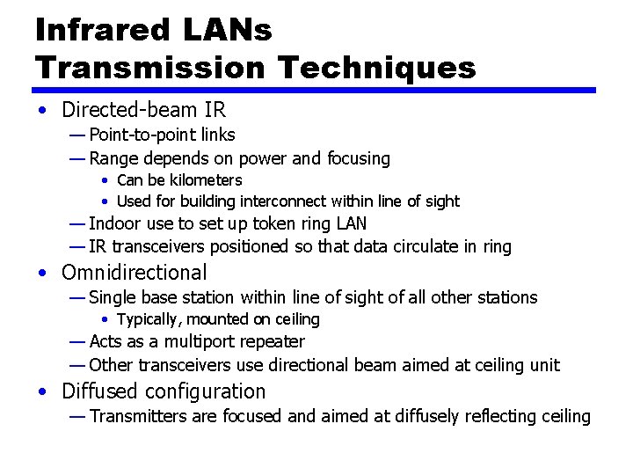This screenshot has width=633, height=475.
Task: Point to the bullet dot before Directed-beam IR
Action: pos(43,111)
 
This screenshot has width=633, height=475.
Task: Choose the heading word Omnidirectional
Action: pos(135,273)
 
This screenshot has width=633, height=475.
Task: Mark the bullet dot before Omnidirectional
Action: pos(43,274)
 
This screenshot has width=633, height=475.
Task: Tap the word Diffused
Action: pos(98,391)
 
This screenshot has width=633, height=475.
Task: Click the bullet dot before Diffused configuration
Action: pos(43,392)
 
